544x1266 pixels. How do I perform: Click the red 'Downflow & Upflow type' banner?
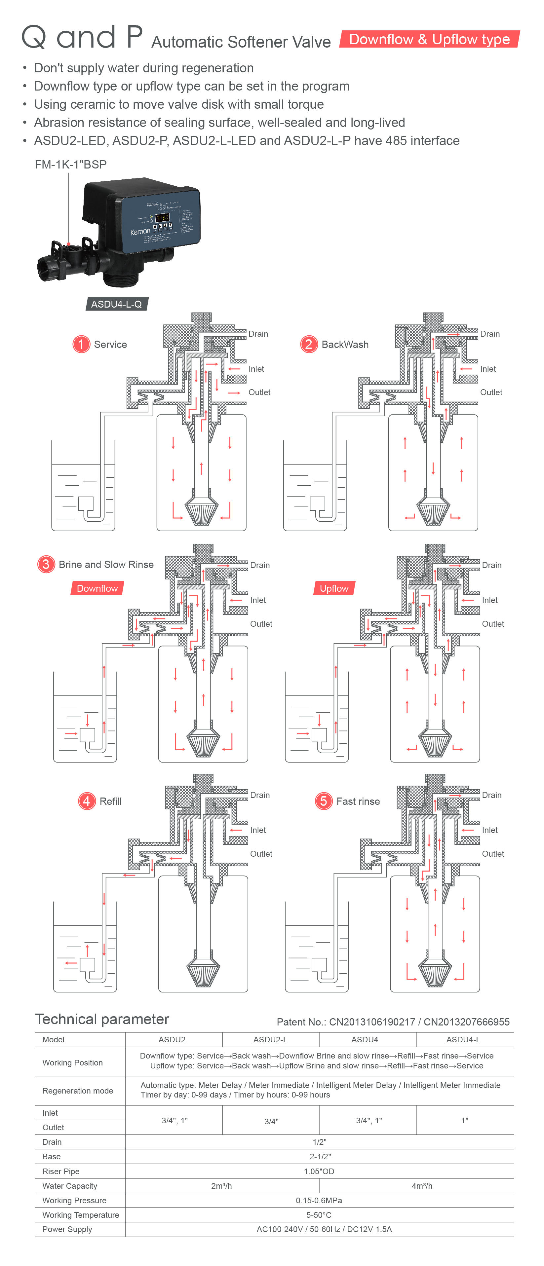(429, 39)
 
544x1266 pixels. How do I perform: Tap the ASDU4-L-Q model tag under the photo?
(117, 304)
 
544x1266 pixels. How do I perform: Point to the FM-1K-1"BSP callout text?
(70, 164)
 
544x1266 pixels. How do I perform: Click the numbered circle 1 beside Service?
(81, 344)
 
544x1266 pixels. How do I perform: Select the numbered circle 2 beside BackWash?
(308, 344)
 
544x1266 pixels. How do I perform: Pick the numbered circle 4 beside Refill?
(87, 801)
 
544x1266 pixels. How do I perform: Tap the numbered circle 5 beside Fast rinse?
(323, 801)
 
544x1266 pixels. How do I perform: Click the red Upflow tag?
(334, 588)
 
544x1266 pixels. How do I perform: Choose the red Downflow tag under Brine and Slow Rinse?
(97, 588)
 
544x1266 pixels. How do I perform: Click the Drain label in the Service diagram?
(258, 334)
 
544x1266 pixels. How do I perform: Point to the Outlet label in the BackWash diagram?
(491, 392)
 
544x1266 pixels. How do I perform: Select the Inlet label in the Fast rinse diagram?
(490, 830)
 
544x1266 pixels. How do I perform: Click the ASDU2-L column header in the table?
(270, 1039)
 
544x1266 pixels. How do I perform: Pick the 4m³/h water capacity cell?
(421, 1186)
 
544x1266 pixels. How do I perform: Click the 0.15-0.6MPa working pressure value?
(319, 1200)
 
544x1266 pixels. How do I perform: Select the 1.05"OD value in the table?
(319, 1171)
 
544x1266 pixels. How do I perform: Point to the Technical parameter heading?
(102, 1019)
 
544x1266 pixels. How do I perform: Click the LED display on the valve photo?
(162, 217)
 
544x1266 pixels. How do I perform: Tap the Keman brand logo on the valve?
(140, 232)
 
